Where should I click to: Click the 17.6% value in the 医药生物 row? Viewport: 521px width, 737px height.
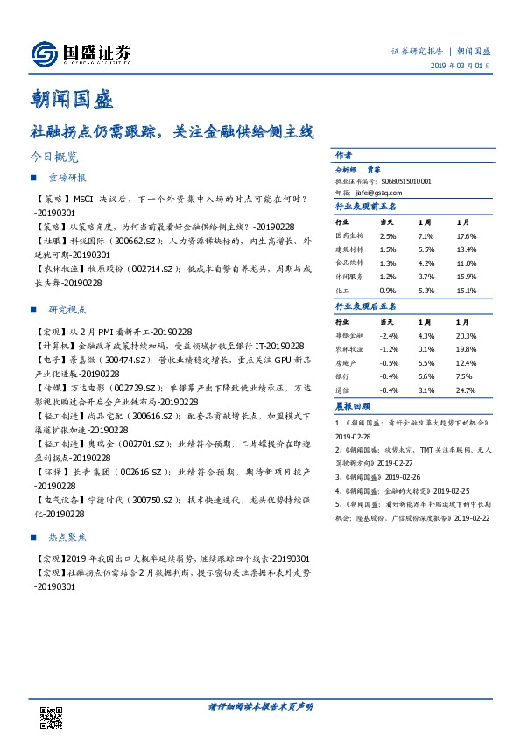(466, 236)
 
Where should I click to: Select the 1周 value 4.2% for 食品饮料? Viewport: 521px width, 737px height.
(426, 263)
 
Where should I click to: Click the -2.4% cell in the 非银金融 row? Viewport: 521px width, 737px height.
(390, 335)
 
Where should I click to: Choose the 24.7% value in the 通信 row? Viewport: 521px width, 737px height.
(466, 390)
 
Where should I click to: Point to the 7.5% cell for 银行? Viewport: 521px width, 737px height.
(463, 376)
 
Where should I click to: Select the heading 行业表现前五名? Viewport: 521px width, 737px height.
(367, 207)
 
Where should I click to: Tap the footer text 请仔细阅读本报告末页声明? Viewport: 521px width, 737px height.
(261, 705)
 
